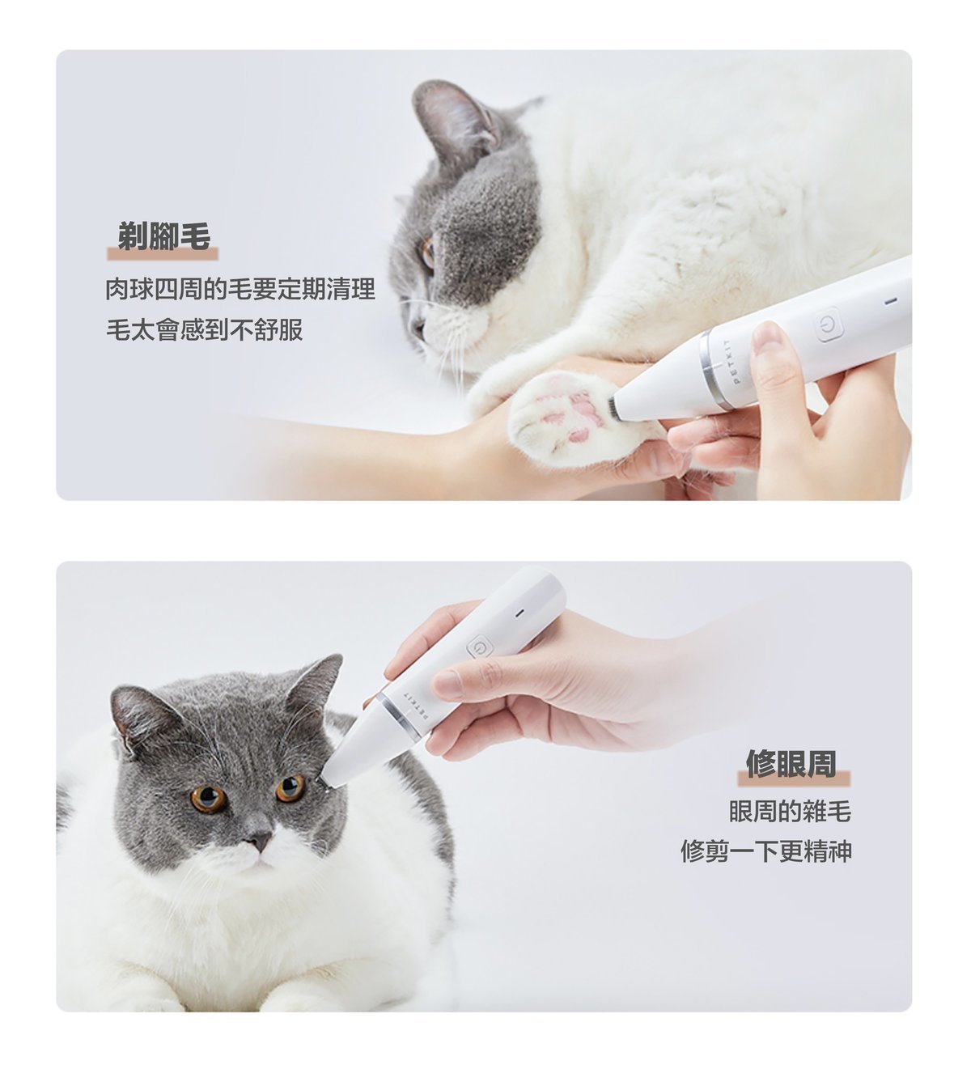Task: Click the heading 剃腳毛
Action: coord(163,236)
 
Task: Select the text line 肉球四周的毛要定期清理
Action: coord(240,289)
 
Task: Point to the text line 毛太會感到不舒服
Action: coord(205,329)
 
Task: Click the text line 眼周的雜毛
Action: coord(790,811)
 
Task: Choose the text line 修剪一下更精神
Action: coord(765,851)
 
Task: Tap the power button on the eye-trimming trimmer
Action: coord(479,647)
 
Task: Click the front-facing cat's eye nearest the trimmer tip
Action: coord(290,787)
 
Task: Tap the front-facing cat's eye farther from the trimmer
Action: coord(208,798)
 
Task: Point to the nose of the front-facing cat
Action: coord(258,842)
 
